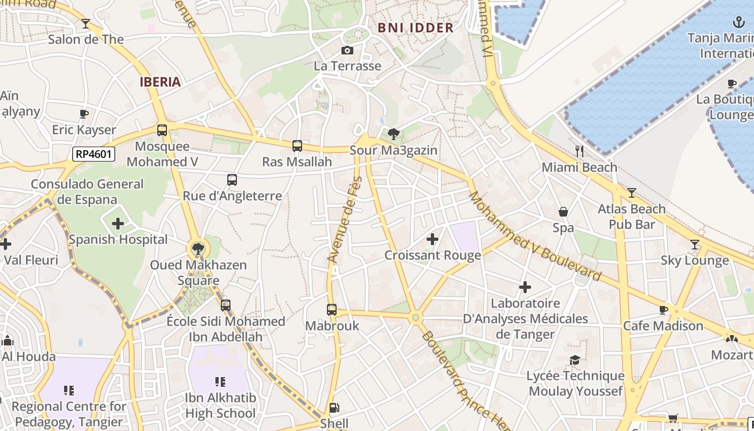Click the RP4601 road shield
94,155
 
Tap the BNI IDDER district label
415,28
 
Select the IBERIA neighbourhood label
160,82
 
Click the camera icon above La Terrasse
347,50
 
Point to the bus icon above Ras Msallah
297,145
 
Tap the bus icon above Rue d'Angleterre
232,180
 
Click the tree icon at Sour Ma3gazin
394,134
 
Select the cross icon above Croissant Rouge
432,239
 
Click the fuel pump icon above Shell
334,408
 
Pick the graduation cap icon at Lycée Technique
575,360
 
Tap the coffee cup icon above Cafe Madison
663,310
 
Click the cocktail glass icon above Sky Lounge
695,245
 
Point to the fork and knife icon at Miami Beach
580,151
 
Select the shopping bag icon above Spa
563,212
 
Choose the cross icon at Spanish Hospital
118,224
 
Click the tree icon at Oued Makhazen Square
198,248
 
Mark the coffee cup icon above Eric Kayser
83,114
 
